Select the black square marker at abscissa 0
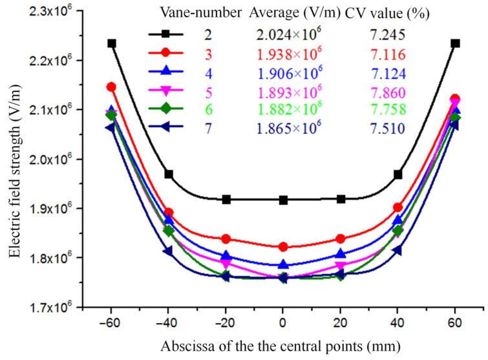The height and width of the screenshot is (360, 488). coord(282,200)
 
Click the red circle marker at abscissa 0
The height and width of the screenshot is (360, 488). coord(282,246)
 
